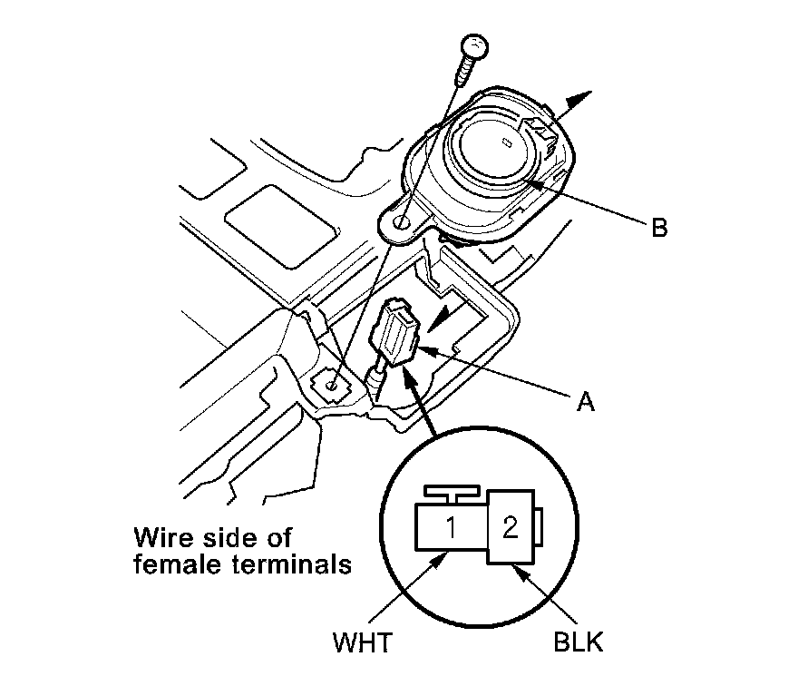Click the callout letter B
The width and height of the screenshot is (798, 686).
[x=658, y=227]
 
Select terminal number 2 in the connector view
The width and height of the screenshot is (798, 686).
[x=510, y=527]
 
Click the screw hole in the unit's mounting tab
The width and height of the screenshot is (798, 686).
[x=400, y=218]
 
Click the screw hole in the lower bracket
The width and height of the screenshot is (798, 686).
[x=334, y=386]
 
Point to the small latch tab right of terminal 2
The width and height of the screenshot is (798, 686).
[x=540, y=527]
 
